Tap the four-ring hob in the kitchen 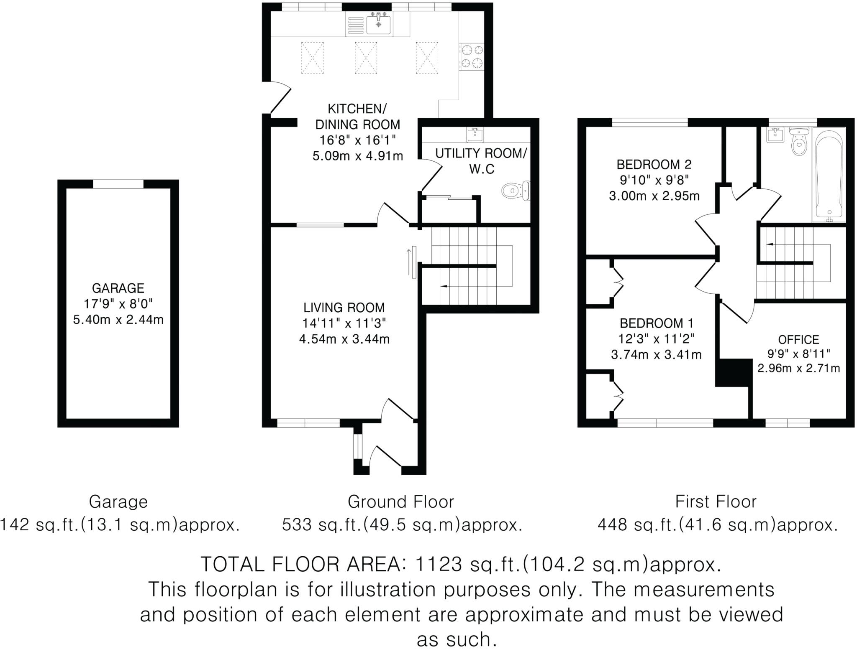coord(472,57)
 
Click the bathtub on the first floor coord(829,175)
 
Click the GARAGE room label coord(118,288)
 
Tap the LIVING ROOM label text coord(344,308)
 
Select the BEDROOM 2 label coord(654,164)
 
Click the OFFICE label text coord(798,339)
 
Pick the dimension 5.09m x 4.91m coord(358,156)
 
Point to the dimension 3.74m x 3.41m coord(656,355)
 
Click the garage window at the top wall coord(118,184)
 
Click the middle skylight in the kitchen coord(366,58)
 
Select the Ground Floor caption coord(400,501)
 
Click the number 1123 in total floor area coord(438,565)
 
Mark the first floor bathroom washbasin coord(775,135)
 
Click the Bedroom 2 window coord(650,122)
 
